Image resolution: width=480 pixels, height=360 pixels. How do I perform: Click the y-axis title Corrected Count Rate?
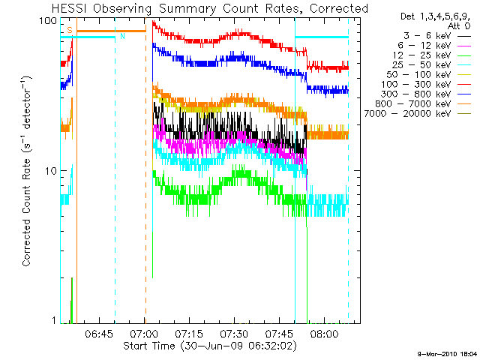tap(26, 171)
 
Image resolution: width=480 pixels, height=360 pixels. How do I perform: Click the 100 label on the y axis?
tap(49, 20)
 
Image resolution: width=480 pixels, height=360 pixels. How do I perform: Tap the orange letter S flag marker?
tap(70, 30)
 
